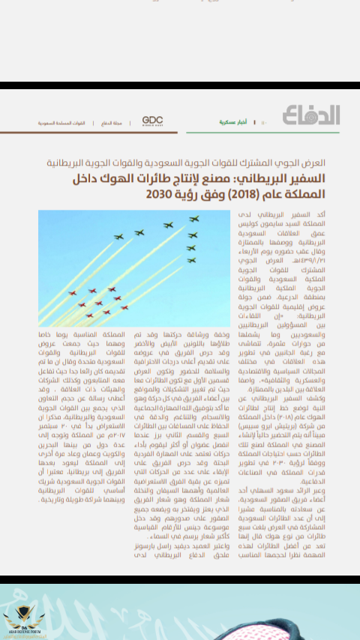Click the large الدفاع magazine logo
click(x=311, y=115)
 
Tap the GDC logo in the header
click(x=152, y=121)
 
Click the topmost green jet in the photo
click(x=194, y=220)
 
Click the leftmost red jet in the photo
click(x=72, y=293)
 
